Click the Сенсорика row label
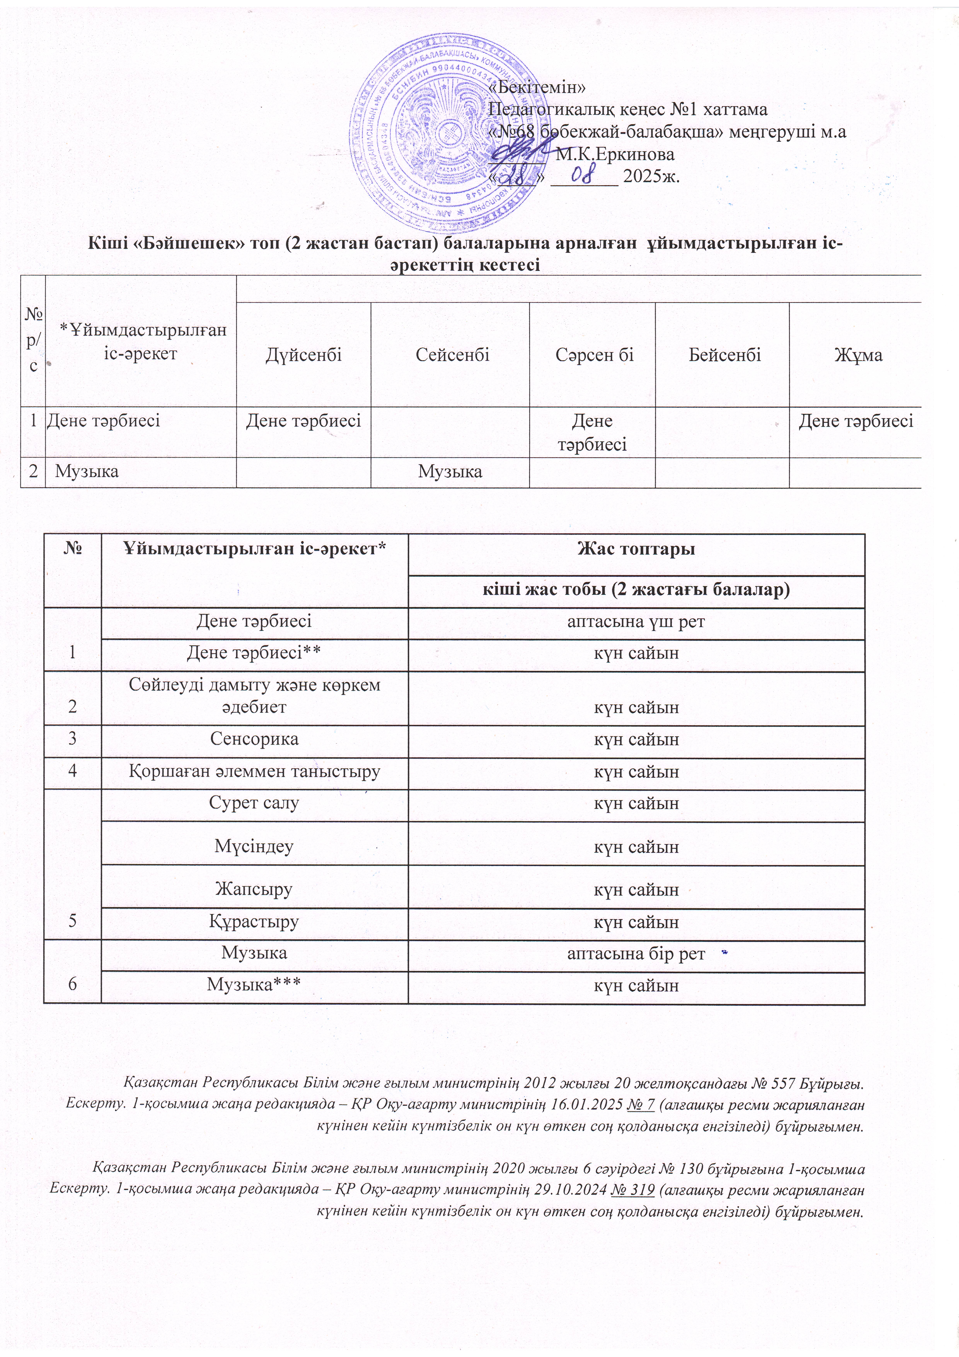coord(254,739)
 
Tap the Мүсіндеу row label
coord(254,846)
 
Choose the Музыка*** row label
coord(254,985)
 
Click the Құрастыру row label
coord(254,921)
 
